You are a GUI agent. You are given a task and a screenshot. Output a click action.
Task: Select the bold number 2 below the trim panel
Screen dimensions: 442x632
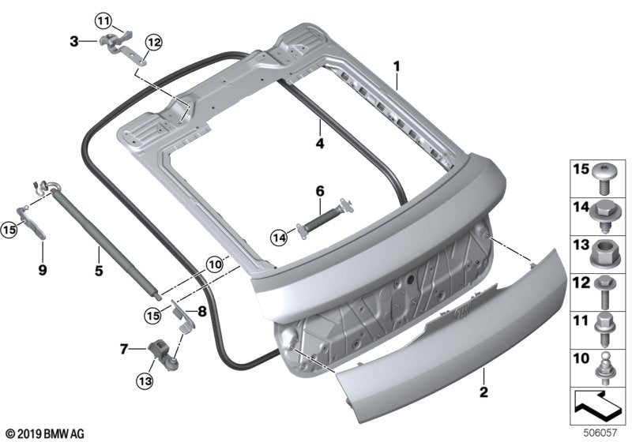(x=482, y=391)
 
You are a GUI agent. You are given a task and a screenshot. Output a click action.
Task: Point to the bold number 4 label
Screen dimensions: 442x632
(x=319, y=144)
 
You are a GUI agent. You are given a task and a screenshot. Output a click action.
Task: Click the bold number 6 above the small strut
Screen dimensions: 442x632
(x=320, y=191)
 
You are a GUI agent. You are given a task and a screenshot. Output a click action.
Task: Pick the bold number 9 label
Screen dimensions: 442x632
(x=43, y=269)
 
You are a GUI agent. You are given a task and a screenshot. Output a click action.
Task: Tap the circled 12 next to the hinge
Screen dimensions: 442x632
(x=152, y=41)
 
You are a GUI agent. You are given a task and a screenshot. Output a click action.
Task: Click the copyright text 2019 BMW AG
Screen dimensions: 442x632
(x=43, y=434)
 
